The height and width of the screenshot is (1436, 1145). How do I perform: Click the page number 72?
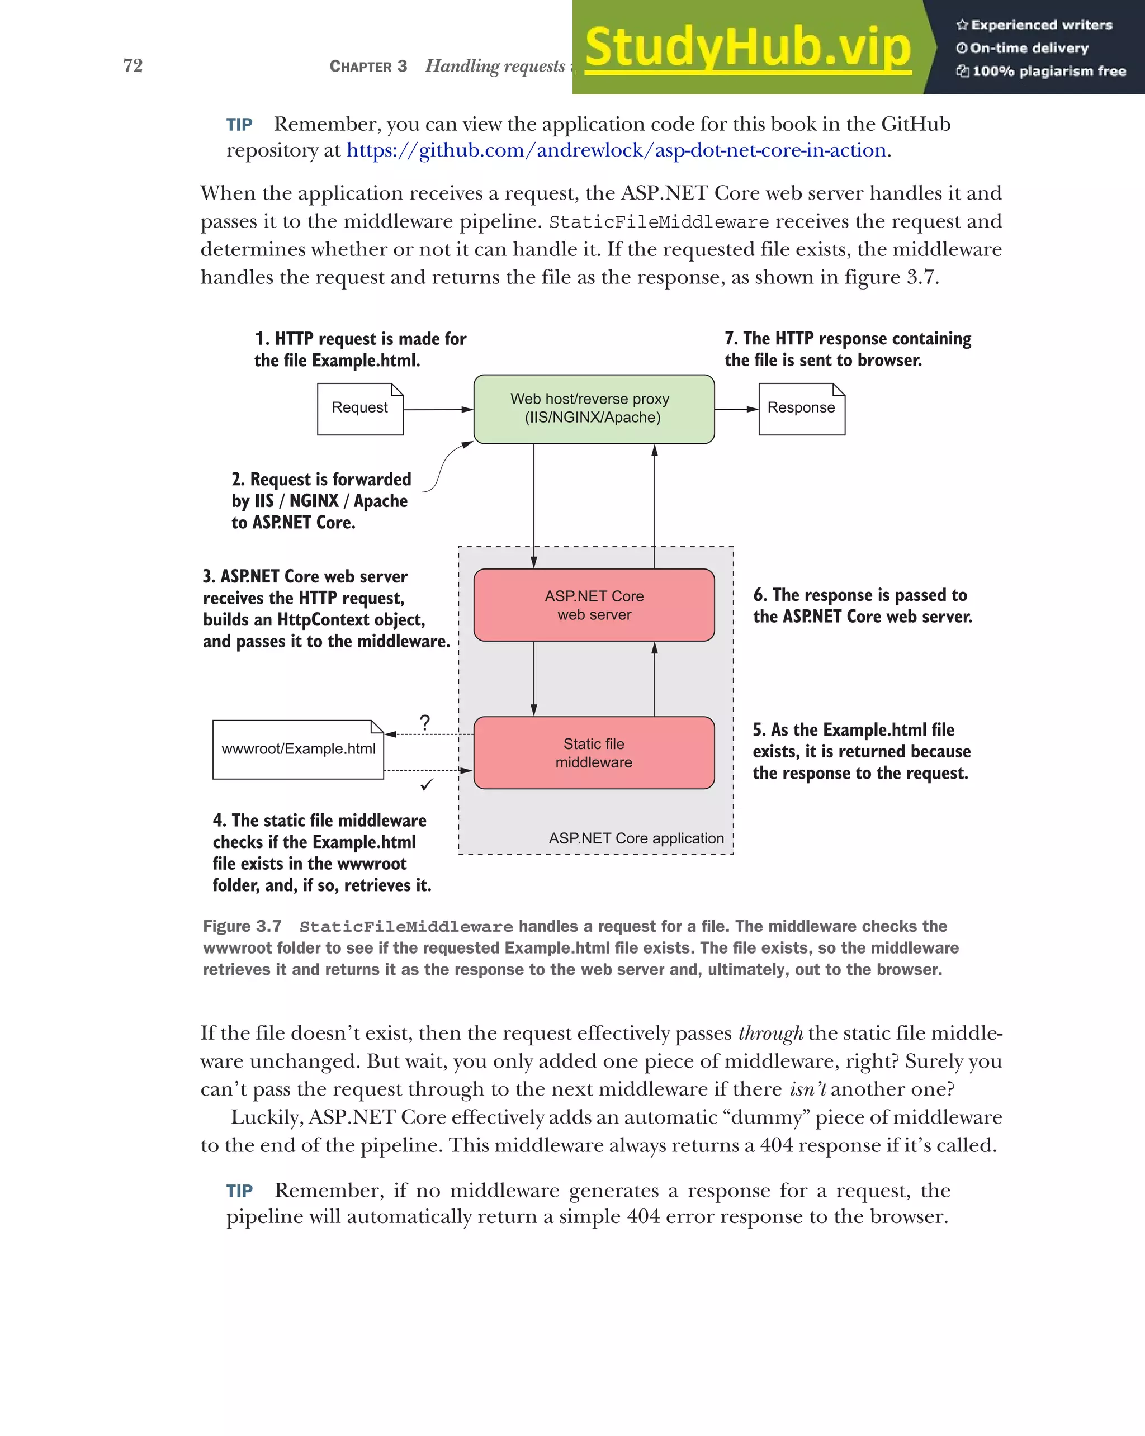coord(133,65)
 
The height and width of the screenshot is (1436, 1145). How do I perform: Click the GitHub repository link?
coord(616,150)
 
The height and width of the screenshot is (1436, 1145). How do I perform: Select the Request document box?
coord(359,408)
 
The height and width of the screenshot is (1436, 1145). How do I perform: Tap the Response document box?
coord(801,408)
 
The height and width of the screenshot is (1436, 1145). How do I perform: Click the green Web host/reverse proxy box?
coord(594,408)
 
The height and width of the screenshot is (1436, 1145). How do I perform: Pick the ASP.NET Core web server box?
coord(594,605)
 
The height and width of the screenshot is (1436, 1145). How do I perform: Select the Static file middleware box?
coord(594,752)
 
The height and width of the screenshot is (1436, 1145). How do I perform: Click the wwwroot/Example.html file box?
coord(299,750)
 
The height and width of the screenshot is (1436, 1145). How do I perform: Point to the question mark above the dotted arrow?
coord(425,722)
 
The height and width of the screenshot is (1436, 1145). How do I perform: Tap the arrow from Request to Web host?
coord(438,410)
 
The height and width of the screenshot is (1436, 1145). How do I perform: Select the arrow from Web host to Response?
coord(736,409)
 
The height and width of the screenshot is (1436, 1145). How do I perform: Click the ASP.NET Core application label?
coord(636,838)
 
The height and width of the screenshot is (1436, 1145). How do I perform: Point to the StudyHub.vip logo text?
coord(747,48)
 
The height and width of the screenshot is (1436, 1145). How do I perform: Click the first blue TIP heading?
coord(239,125)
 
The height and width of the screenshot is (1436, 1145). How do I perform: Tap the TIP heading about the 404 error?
coord(239,1191)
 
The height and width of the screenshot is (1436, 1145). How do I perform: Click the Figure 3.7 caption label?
coord(242,926)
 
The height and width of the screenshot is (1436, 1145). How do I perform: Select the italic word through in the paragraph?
coord(770,1033)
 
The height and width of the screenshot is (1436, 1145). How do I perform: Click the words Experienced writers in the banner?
coord(1041,25)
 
